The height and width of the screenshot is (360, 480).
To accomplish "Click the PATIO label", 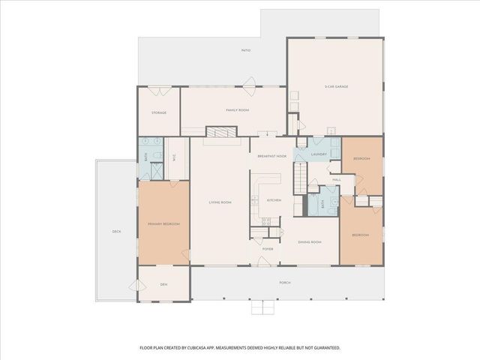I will coord(245,50).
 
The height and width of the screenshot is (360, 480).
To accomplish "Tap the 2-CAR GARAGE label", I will coord(336,87).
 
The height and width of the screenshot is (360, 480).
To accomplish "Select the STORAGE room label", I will coord(159,112).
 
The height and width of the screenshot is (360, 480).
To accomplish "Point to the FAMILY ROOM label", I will coord(237,110).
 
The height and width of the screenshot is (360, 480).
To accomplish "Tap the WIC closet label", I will coord(175,158).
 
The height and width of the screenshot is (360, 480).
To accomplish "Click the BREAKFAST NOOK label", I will coord(271,156).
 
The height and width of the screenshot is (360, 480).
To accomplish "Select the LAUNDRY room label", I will coord(318,154).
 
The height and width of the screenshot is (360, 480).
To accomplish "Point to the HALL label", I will coord(337,179).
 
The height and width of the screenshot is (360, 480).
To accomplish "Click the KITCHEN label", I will coord(274,200).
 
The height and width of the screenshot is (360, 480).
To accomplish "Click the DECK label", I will coord(116,231).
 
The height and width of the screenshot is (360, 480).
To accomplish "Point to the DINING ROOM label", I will coord(310,241).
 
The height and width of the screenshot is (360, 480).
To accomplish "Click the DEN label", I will coord(164,285).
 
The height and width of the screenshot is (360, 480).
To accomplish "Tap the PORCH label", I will coord(284,283).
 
